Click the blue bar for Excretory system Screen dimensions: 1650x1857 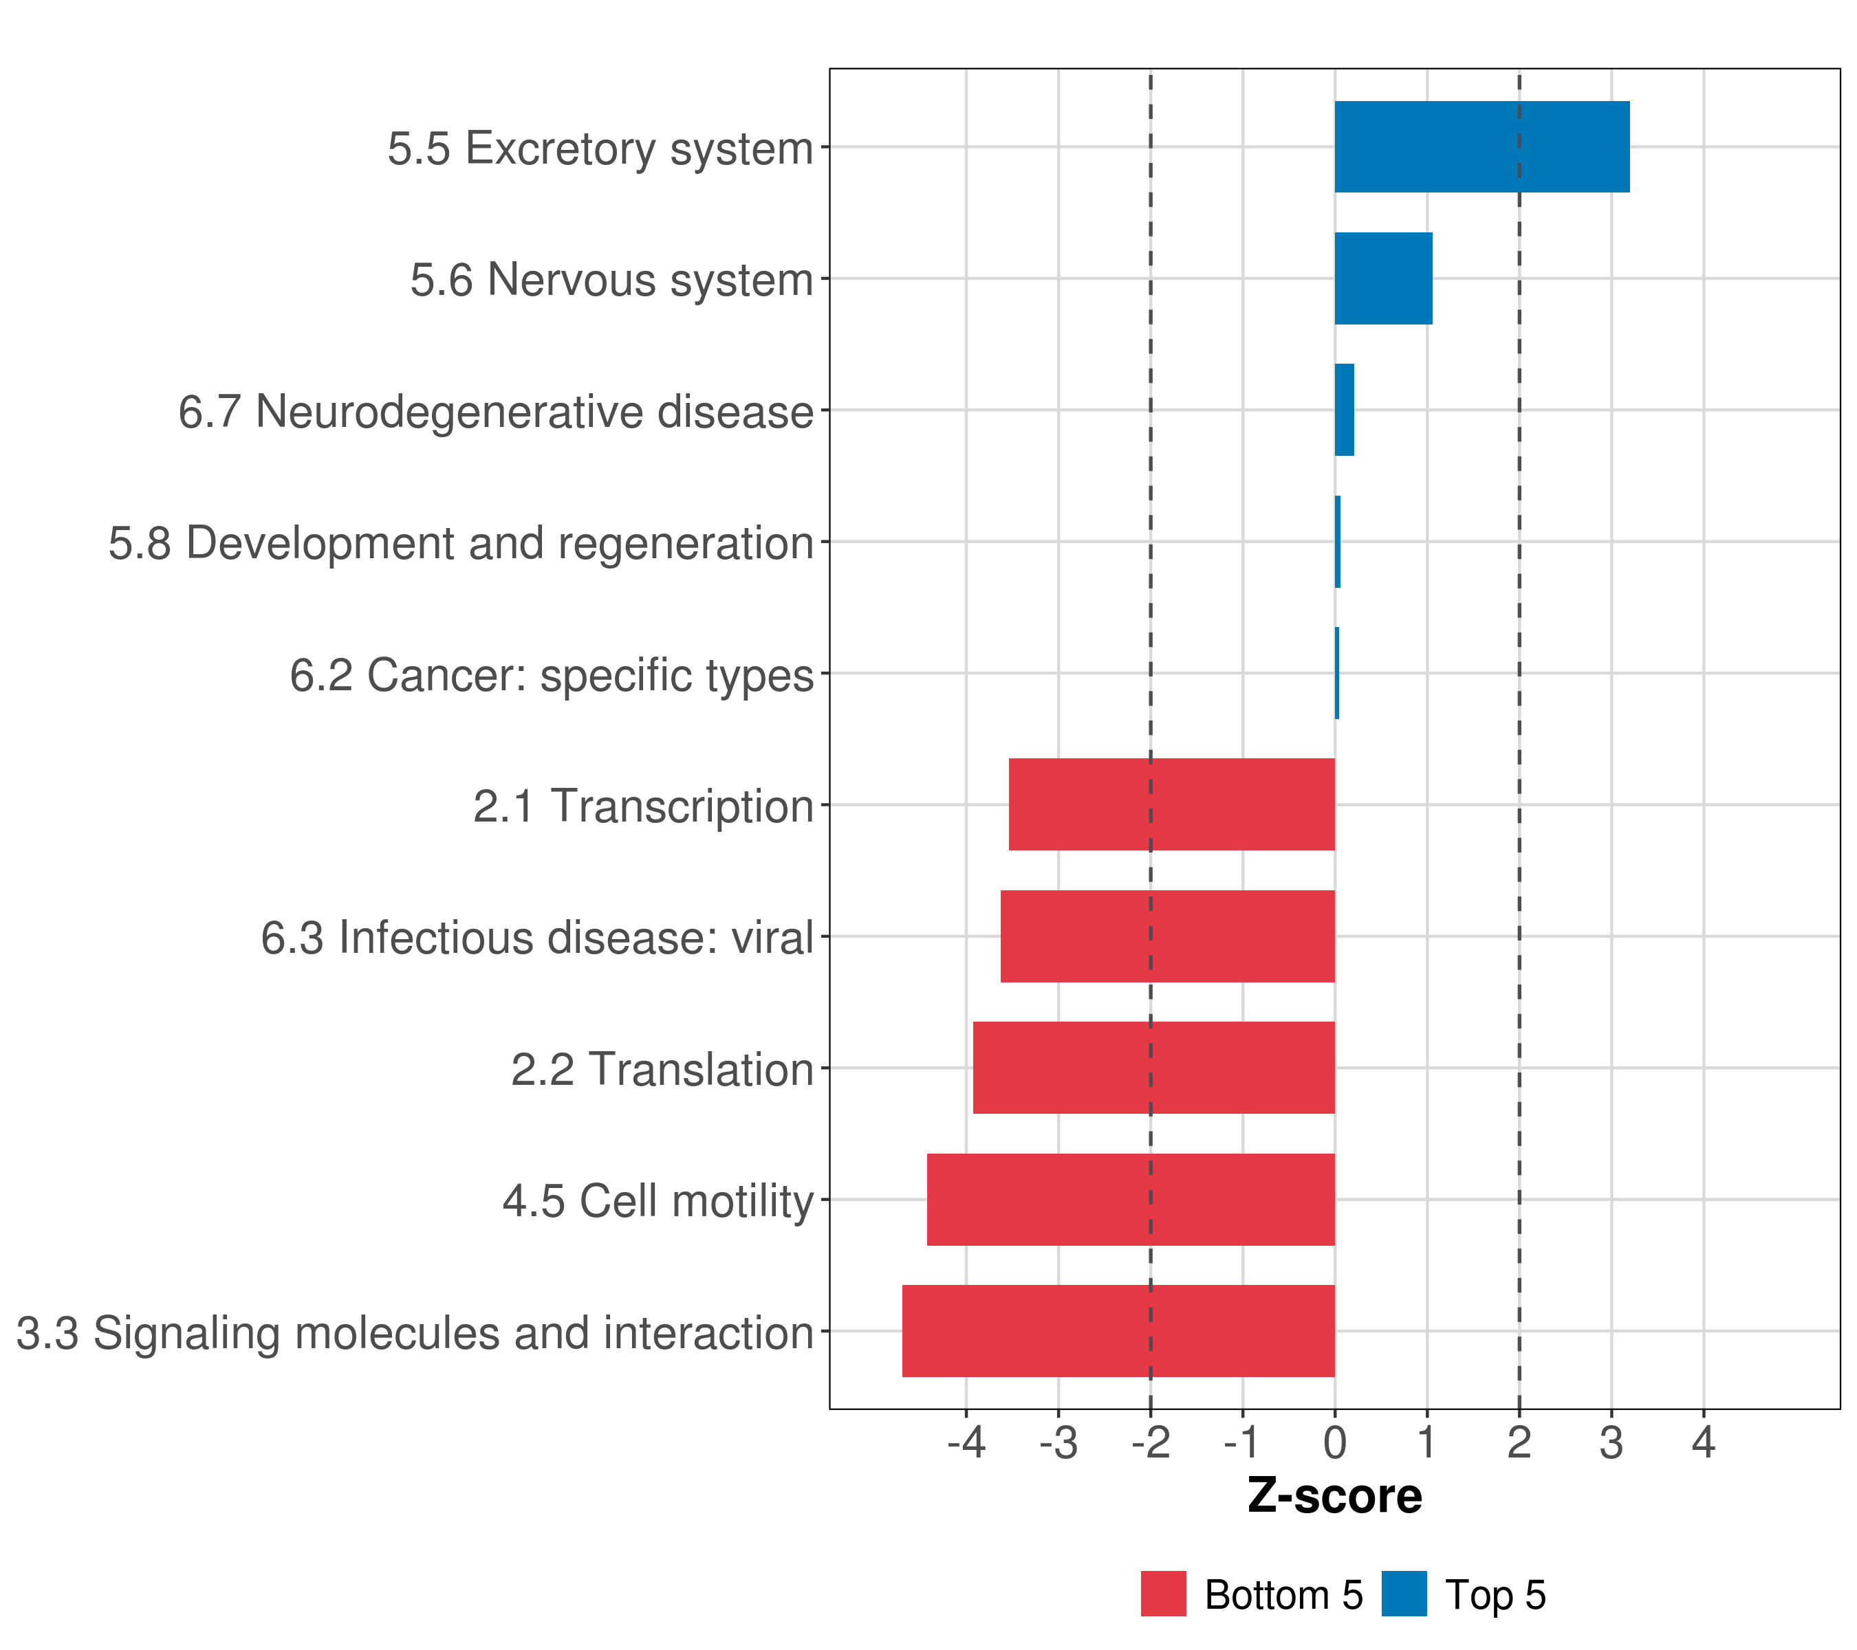[x=1481, y=146]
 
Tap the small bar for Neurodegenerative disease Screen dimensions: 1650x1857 [x=1344, y=410]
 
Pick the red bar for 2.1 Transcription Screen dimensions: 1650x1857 [x=1171, y=804]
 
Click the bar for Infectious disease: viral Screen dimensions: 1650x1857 [x=1167, y=936]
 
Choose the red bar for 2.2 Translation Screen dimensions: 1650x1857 [x=1154, y=1068]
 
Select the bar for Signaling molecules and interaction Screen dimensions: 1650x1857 [x=1118, y=1331]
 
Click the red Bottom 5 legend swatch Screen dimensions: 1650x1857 [x=1163, y=1594]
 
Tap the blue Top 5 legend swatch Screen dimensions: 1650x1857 [x=1404, y=1594]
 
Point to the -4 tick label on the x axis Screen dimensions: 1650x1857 [x=966, y=1443]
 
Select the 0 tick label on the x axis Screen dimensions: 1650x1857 [x=1334, y=1443]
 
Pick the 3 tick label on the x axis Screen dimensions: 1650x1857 [x=1611, y=1443]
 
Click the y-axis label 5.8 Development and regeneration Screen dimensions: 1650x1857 [x=461, y=543]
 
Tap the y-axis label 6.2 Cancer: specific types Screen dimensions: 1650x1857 [x=552, y=674]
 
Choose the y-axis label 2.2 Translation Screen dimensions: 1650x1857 [x=662, y=1070]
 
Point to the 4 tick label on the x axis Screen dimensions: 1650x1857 [x=1704, y=1443]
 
